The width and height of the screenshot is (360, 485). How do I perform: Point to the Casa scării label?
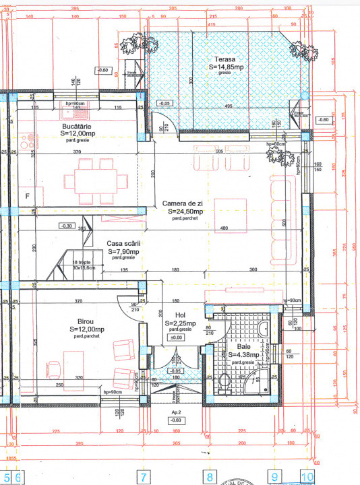123,244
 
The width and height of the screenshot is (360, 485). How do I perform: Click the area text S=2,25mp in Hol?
180,323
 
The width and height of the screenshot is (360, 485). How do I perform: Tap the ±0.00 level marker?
176,337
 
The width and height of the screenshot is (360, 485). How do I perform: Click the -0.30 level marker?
67,226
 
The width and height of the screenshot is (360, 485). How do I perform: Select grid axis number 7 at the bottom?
143,478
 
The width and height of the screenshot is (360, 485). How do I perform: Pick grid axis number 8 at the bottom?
210,478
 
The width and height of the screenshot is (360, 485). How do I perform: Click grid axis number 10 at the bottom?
308,478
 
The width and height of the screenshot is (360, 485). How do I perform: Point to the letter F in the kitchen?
28,196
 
